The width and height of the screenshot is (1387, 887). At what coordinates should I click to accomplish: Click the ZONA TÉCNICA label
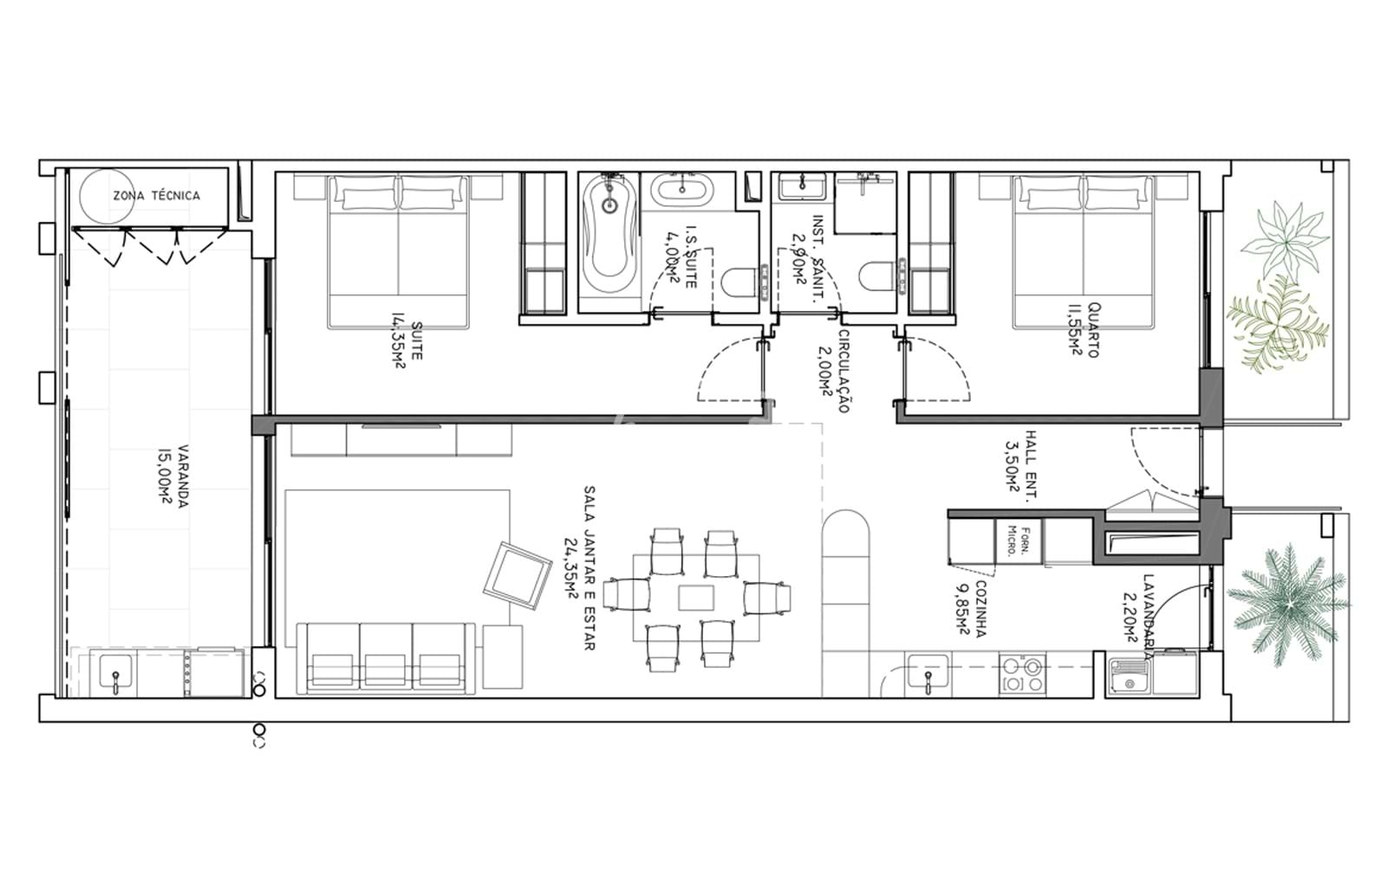(157, 196)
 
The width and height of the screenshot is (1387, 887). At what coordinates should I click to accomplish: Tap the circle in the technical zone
(107, 196)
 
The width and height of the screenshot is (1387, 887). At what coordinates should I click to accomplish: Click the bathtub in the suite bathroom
(609, 235)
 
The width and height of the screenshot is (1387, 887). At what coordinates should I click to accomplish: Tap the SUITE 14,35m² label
(407, 344)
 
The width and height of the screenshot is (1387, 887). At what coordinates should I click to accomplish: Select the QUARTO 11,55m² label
(1085, 330)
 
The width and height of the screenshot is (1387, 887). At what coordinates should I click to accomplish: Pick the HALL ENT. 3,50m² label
(1022, 465)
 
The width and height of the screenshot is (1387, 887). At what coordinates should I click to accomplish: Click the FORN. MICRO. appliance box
(1018, 541)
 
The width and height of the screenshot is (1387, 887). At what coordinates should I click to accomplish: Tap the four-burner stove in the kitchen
(1022, 675)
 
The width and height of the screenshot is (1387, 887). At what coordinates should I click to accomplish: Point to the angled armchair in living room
(517, 576)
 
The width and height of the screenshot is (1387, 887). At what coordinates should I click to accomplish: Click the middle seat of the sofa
(385, 659)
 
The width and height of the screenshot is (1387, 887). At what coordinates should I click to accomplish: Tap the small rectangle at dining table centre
(696, 598)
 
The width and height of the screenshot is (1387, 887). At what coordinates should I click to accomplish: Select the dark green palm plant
(1288, 604)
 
